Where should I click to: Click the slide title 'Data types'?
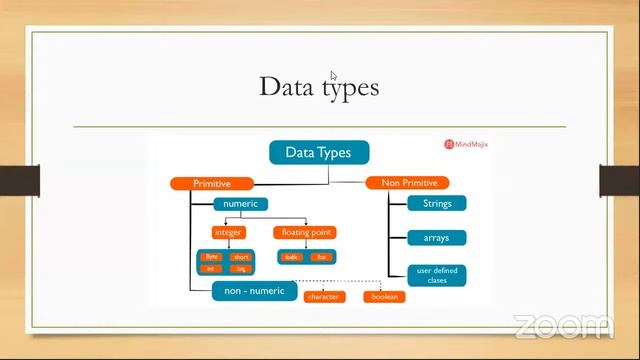[319, 87]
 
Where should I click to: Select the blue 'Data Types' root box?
[319, 152]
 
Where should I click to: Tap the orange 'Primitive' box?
[211, 183]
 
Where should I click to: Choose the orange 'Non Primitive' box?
[408, 182]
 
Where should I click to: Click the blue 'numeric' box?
[240, 204]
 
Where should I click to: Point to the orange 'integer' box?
[228, 232]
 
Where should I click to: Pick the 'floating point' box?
[304, 232]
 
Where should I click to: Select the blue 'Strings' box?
[431, 204]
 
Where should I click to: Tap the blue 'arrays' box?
[431, 238]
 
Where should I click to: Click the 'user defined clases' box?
[431, 274]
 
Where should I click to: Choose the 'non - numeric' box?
[254, 291]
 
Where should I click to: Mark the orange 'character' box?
[323, 297]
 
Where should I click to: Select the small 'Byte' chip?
[211, 257]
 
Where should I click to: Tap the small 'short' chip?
[239, 257]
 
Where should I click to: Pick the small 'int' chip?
[211, 268]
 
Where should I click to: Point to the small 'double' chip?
[292, 257]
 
